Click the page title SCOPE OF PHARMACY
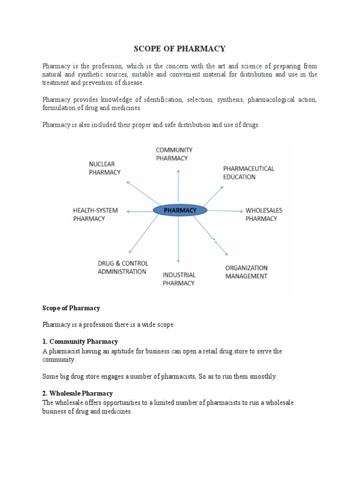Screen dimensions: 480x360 180,49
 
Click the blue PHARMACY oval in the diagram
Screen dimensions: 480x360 180,210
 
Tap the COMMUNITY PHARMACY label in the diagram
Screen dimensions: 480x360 174,154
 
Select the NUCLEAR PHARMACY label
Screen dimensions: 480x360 105,168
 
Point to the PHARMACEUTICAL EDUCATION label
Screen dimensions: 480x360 248,172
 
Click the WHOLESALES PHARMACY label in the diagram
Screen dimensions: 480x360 264,214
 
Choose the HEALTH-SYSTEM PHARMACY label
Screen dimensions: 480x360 95,214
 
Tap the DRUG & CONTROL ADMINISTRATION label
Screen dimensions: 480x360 123,267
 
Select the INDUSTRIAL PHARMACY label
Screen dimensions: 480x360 179,278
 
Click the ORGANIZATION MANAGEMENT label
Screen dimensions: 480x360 247,272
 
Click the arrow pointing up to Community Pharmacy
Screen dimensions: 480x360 178,187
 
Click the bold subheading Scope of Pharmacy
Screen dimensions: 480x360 71,308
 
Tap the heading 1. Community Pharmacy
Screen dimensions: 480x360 80,341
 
